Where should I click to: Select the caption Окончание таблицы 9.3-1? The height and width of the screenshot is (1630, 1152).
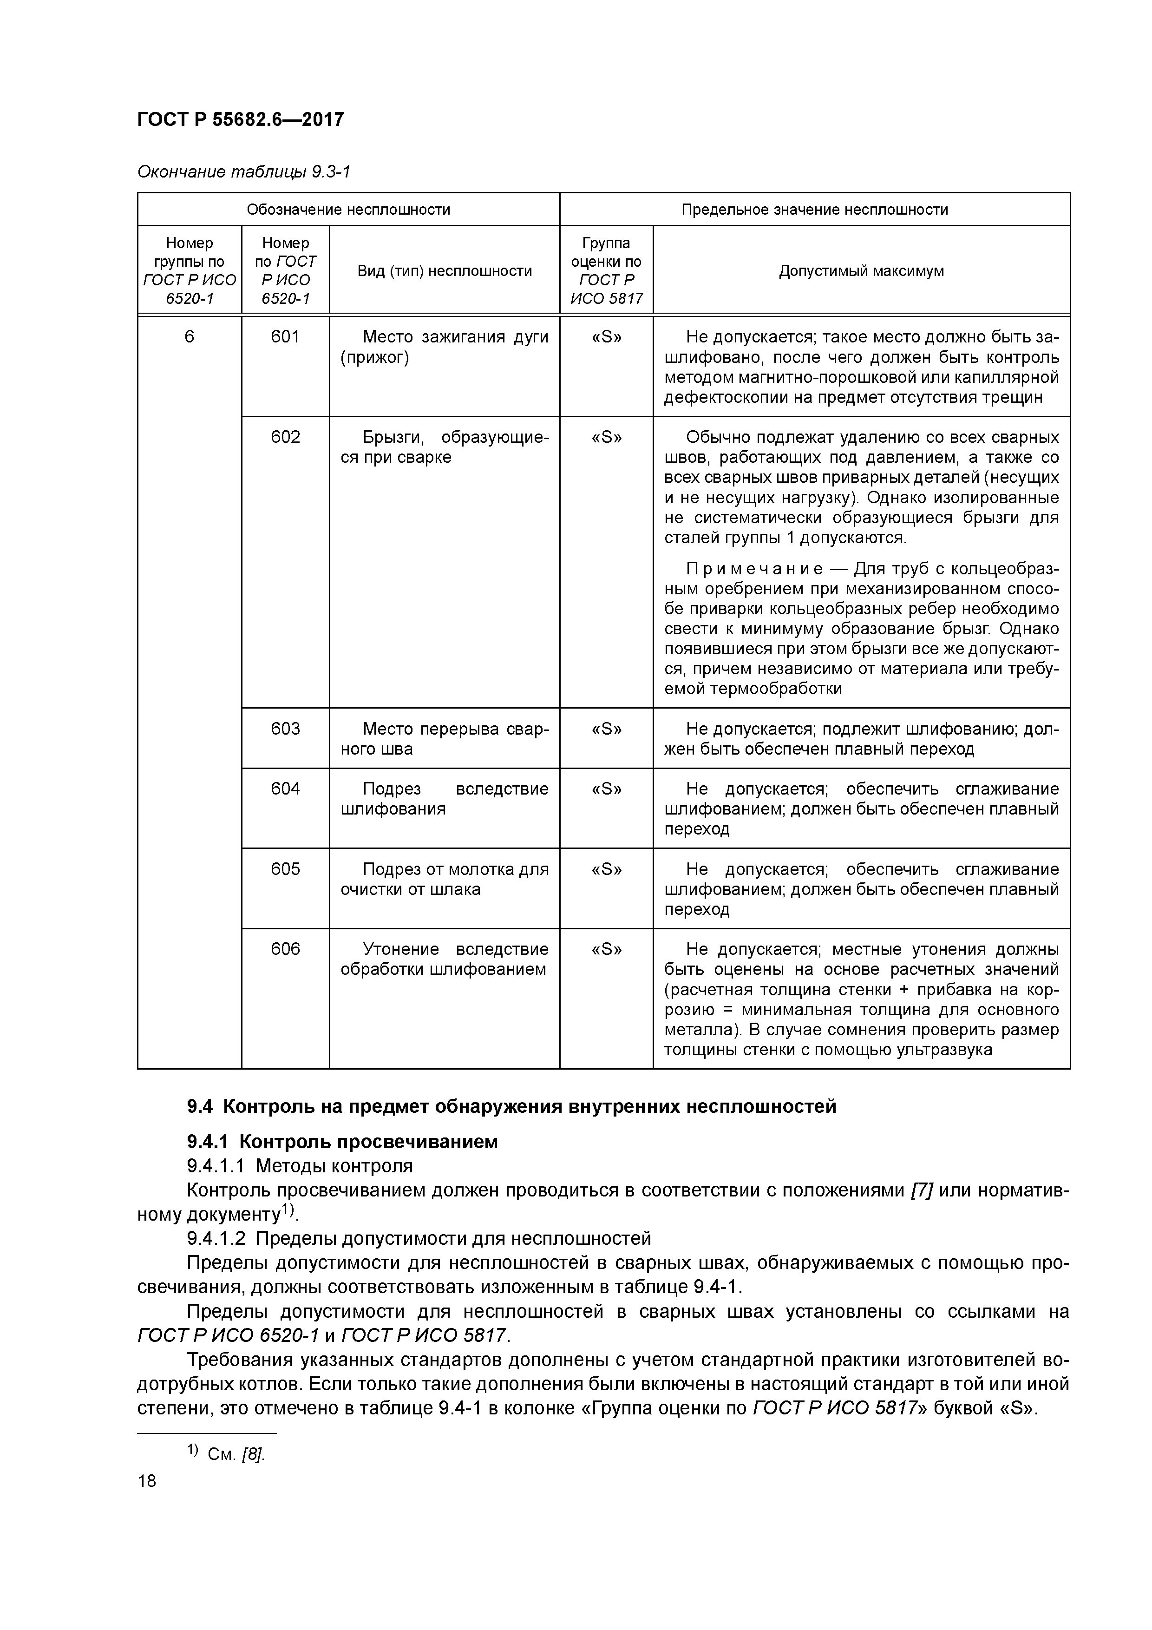coord(243,172)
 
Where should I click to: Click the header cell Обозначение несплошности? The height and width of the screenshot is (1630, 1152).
coord(348,210)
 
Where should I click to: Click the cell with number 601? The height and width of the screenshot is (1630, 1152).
coord(285,336)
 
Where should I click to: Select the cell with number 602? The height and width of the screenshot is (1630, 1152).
coord(285,437)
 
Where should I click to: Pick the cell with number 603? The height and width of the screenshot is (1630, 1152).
coord(285,729)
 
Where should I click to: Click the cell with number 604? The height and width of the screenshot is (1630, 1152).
coord(285,788)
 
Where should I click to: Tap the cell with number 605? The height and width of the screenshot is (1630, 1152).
coord(285,868)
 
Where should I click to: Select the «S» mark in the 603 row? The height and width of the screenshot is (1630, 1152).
coord(606,729)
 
